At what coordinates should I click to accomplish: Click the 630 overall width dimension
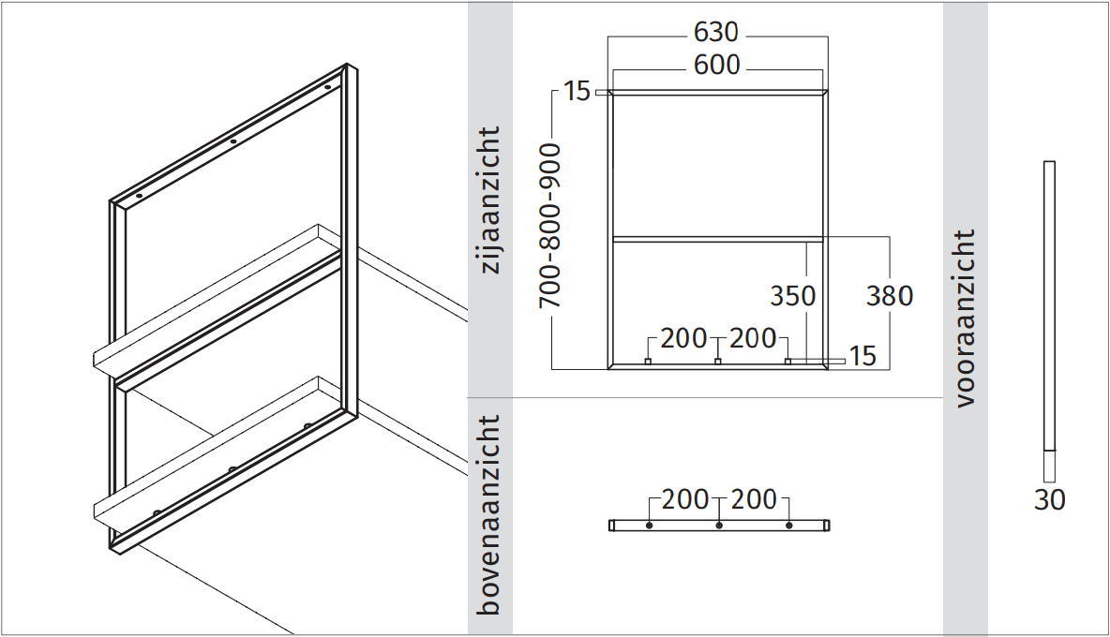(x=717, y=33)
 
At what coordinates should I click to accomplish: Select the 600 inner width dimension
(x=717, y=66)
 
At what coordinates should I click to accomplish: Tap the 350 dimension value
(x=793, y=296)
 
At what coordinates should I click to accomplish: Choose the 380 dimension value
(x=890, y=296)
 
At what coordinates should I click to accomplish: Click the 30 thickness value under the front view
(x=1050, y=500)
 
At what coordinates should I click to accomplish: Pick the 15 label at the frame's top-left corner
(x=577, y=92)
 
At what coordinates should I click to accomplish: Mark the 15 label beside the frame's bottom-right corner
(x=862, y=356)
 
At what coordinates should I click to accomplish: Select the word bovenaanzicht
(x=490, y=515)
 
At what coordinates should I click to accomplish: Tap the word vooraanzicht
(x=966, y=318)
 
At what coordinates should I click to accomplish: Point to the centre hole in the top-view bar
(x=718, y=526)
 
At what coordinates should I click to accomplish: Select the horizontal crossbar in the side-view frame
(x=717, y=240)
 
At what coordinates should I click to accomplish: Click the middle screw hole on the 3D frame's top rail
(x=233, y=142)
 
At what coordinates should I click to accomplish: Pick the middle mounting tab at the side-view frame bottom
(x=718, y=362)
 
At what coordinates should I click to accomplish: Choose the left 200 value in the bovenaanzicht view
(x=684, y=500)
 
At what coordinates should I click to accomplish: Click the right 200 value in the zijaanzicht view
(x=753, y=338)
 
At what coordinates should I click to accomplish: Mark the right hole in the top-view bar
(x=788, y=526)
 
